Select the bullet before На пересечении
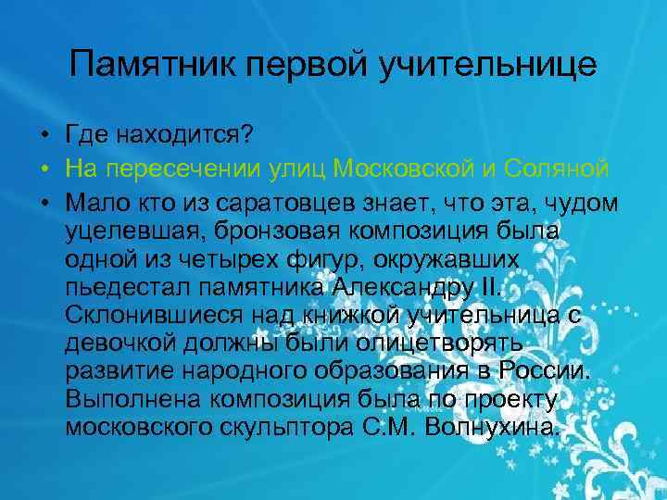tap(44, 170)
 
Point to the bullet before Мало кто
tap(44, 204)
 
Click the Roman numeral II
tap(489, 284)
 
